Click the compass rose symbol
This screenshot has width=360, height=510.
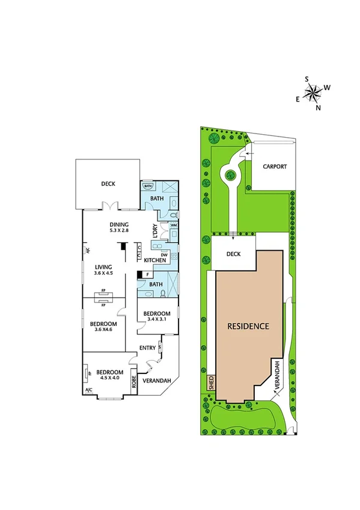point(313,92)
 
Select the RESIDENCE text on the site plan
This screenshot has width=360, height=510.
point(248,327)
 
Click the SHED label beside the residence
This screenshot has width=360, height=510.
point(211,382)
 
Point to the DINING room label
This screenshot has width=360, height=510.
point(120,223)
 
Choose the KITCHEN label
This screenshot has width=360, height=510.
point(154,260)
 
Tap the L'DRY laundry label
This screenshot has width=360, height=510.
point(155,232)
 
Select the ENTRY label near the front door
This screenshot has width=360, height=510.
point(147,348)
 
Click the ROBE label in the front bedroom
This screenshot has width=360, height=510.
point(135,381)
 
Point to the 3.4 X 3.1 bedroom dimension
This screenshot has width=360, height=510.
point(156,320)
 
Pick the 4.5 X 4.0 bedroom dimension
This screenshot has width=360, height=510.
point(108,378)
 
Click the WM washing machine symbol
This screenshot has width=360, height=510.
point(173,226)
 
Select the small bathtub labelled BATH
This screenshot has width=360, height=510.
point(148,186)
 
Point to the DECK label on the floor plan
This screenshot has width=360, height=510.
point(108,184)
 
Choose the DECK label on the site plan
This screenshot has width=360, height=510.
point(233,254)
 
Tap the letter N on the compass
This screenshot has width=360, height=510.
point(319,108)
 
